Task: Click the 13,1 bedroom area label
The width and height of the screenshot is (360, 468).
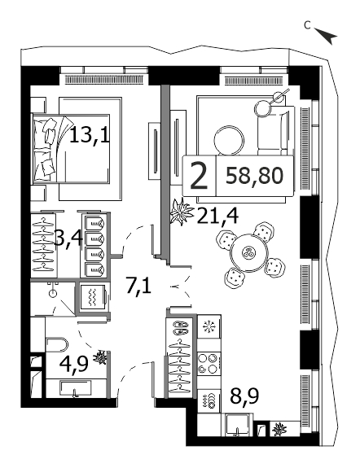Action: point(90,136)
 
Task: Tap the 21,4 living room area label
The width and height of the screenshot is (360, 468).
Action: point(217,215)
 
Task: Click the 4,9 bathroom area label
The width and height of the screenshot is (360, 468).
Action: point(74,363)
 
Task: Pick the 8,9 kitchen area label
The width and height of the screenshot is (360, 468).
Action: point(244,396)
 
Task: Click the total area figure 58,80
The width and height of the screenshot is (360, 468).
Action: point(255,176)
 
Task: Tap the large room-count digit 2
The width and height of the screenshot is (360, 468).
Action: point(199,176)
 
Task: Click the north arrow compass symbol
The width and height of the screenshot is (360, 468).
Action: point(326,35)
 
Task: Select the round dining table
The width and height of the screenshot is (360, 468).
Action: point(248,253)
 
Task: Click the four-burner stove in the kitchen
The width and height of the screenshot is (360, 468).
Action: point(209,363)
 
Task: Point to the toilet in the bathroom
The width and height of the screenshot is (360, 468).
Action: point(57,345)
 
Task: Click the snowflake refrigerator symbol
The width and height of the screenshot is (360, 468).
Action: point(209,327)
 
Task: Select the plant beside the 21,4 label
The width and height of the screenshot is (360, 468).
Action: point(181,212)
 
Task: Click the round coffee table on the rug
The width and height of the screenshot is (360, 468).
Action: point(229,141)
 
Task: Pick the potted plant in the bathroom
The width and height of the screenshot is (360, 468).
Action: point(100,357)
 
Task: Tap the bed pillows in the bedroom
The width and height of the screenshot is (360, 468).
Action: point(45,148)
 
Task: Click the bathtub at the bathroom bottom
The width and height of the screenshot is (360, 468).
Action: point(77,388)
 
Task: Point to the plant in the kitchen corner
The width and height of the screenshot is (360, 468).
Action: point(279,430)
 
